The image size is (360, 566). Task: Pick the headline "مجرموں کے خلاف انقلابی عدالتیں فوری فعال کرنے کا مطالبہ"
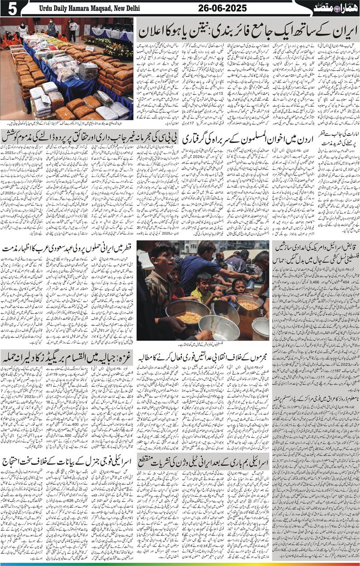204,355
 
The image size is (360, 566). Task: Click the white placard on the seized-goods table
90,48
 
